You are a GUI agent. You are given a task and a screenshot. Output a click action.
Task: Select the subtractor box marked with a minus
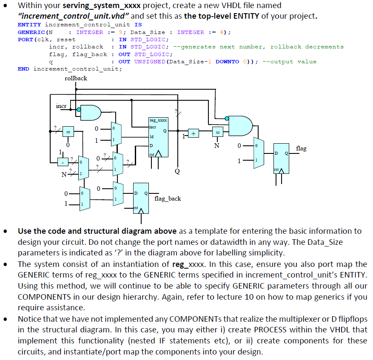[x=63, y=162]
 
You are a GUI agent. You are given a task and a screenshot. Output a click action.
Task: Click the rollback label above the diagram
[x=76, y=78]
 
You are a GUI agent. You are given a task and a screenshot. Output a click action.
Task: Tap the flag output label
[x=301, y=148]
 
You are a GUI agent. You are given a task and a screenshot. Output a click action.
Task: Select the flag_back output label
[x=168, y=198]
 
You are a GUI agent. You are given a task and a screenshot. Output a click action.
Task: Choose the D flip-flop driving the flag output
[x=281, y=159]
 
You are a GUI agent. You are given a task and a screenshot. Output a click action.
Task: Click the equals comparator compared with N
[x=217, y=133]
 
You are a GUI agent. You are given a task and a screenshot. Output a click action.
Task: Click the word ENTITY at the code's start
[x=29, y=25]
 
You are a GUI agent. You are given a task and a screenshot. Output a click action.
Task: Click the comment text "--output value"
[x=289, y=62]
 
